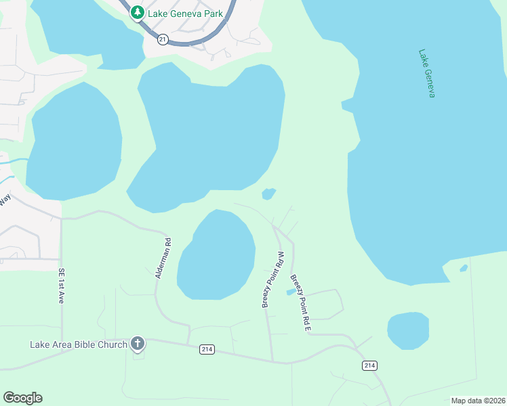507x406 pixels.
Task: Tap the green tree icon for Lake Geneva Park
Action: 138,13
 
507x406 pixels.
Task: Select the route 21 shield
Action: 163,40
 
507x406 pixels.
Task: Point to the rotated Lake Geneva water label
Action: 426,73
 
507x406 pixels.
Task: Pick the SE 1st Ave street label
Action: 61,286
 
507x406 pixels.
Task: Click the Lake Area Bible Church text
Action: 79,344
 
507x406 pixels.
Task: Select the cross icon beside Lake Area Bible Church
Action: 138,344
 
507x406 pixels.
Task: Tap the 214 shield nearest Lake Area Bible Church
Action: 207,349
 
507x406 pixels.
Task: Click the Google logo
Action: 22,398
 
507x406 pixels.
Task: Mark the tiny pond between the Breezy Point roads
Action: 291,292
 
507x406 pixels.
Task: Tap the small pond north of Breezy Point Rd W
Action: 269,194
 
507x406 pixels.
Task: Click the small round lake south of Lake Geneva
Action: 408,331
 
